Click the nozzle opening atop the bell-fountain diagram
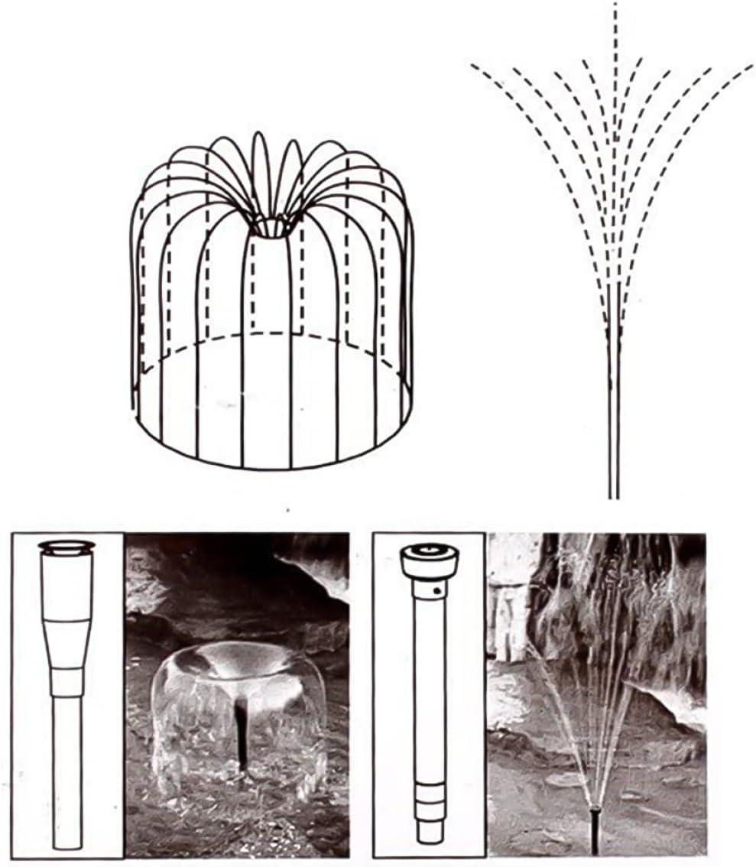coord(272,226)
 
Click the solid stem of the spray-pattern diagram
coord(612,428)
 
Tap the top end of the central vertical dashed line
coord(615,6)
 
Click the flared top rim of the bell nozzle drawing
coord(67,546)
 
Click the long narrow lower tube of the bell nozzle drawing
coord(67,765)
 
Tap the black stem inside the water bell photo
coord(242,734)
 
